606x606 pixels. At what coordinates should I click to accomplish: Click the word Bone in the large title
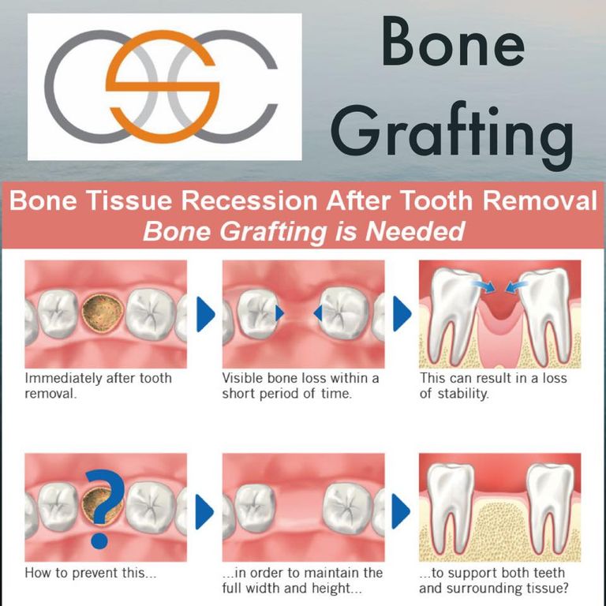(453, 41)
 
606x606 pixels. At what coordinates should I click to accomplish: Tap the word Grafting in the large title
(451, 133)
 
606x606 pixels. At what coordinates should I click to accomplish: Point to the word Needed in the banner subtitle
(415, 231)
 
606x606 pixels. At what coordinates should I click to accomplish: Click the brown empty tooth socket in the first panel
(103, 313)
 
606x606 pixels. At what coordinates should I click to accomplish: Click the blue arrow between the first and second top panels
(206, 314)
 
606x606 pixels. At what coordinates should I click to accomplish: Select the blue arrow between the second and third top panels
(402, 314)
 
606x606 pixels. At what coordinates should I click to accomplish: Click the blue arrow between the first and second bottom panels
(204, 511)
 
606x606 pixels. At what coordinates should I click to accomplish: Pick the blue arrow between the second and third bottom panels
(401, 511)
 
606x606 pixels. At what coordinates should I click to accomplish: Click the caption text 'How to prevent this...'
(91, 573)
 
